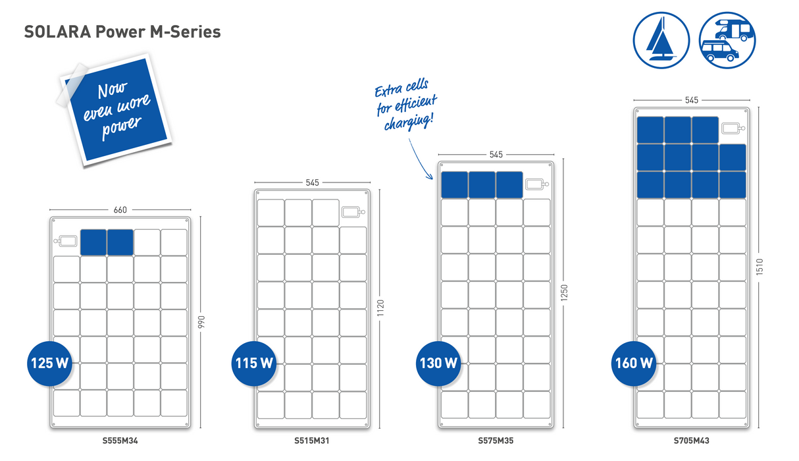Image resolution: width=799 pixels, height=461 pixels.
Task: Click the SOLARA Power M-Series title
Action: click(122, 32)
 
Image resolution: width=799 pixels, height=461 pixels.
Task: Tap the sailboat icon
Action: click(661, 39)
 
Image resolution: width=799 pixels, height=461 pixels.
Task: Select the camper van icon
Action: click(727, 39)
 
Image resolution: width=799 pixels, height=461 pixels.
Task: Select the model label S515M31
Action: click(312, 441)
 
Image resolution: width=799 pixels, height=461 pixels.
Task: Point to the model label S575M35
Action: click(496, 441)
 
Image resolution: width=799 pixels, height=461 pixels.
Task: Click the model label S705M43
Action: click(691, 441)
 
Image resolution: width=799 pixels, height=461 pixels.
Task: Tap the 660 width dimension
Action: click(120, 210)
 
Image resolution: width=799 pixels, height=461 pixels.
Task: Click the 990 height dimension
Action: click(202, 322)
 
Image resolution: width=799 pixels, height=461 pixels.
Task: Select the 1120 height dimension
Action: click(380, 308)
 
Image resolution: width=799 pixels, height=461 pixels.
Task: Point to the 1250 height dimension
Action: click(564, 294)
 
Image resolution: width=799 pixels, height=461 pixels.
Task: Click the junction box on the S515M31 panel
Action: click(353, 212)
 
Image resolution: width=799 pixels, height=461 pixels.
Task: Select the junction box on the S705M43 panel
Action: click(732, 129)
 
